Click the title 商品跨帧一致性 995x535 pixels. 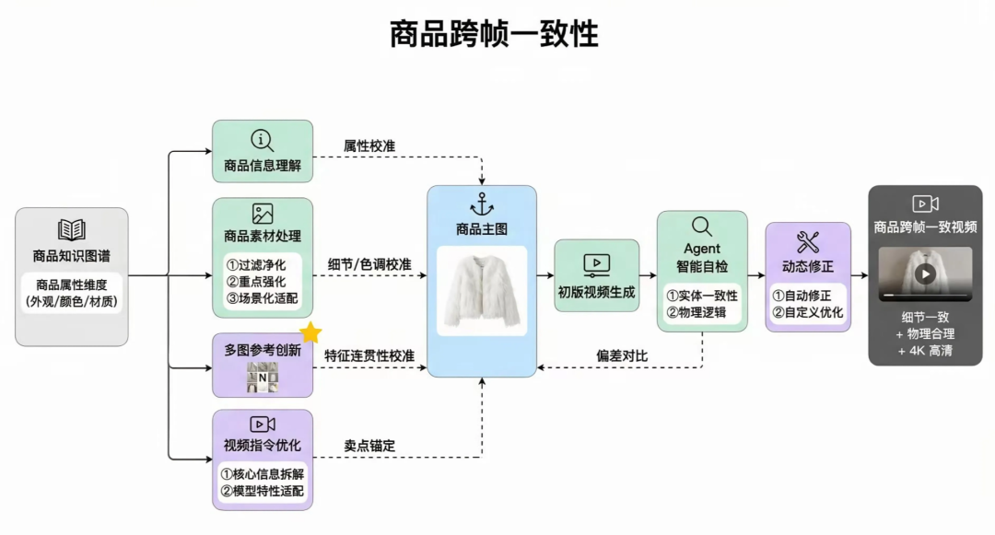(x=494, y=34)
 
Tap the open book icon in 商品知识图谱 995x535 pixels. (x=72, y=230)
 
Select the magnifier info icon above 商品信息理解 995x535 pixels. (x=263, y=141)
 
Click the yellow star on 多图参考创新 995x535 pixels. (x=310, y=333)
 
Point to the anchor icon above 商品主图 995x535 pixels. (x=482, y=204)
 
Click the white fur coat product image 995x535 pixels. (x=481, y=289)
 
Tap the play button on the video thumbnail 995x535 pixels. (x=925, y=274)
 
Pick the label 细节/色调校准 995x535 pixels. (x=369, y=264)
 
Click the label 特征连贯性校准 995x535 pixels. (x=369, y=355)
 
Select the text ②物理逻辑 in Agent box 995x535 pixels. (x=702, y=313)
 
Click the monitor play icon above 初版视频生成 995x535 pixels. (x=596, y=265)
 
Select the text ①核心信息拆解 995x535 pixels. (x=263, y=473)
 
